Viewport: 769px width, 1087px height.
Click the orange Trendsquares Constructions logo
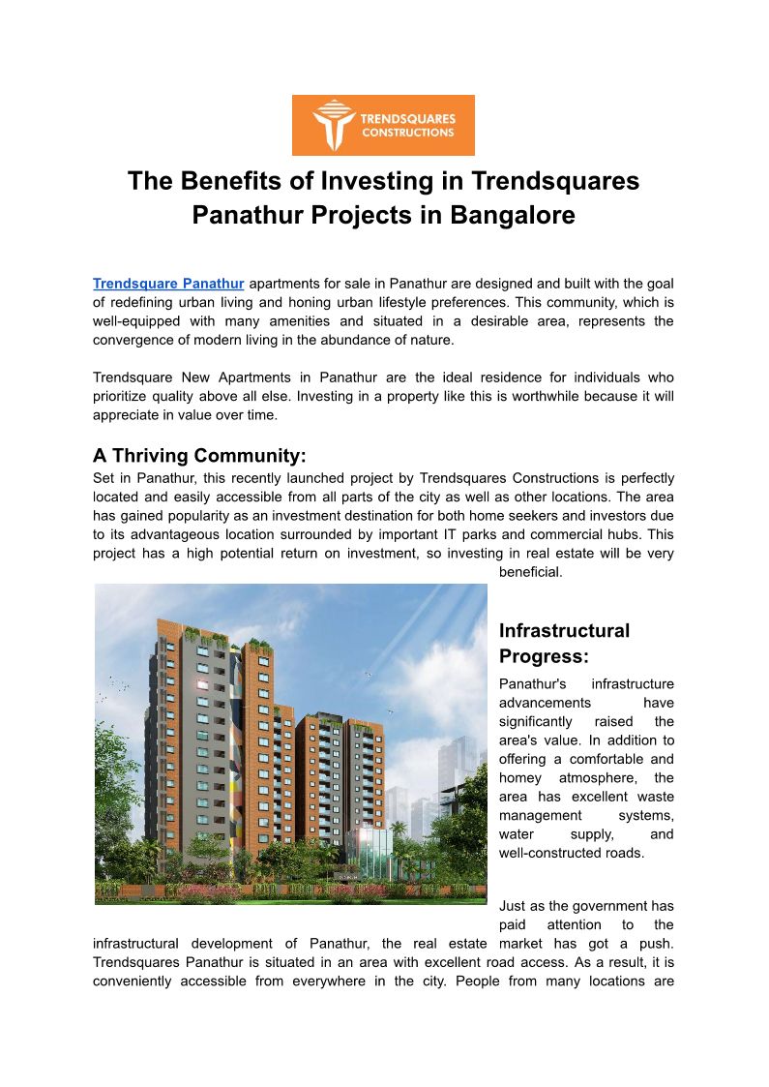coord(383,125)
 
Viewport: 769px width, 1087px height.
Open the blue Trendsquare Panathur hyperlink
coord(168,284)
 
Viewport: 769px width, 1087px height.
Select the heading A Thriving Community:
coord(199,455)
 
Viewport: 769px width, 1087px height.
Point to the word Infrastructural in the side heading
coord(564,631)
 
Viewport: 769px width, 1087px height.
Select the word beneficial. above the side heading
coord(530,572)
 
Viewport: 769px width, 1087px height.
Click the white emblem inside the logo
coord(331,125)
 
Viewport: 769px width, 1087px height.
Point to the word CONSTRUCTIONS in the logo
coord(407,134)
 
